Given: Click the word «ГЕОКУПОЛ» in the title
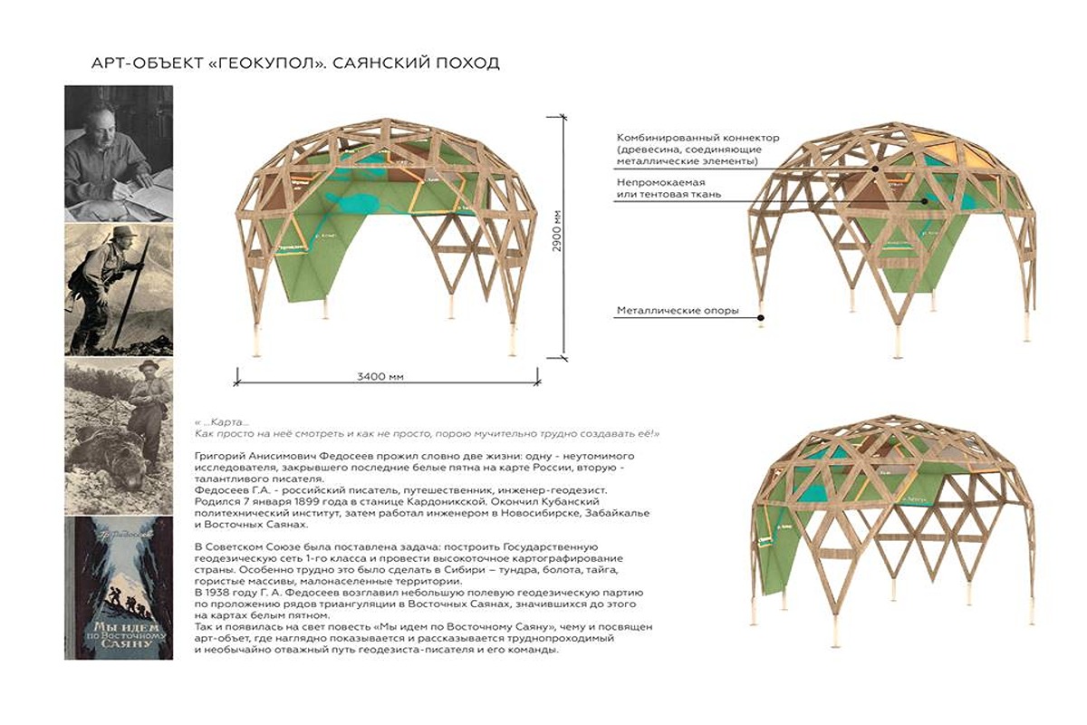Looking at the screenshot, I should pos(257,64).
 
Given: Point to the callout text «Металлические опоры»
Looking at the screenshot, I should pos(678,311).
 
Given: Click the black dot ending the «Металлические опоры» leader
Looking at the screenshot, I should pos(762,317).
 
